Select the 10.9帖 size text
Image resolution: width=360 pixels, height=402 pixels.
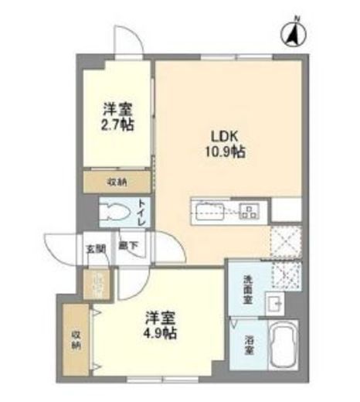click(x=224, y=152)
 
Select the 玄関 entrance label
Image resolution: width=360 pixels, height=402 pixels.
click(x=95, y=248)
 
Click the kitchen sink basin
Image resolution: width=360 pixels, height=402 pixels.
click(x=209, y=210)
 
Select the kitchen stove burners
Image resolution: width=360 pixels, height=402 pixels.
click(x=250, y=210)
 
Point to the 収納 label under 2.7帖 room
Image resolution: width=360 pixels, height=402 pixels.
click(x=117, y=182)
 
